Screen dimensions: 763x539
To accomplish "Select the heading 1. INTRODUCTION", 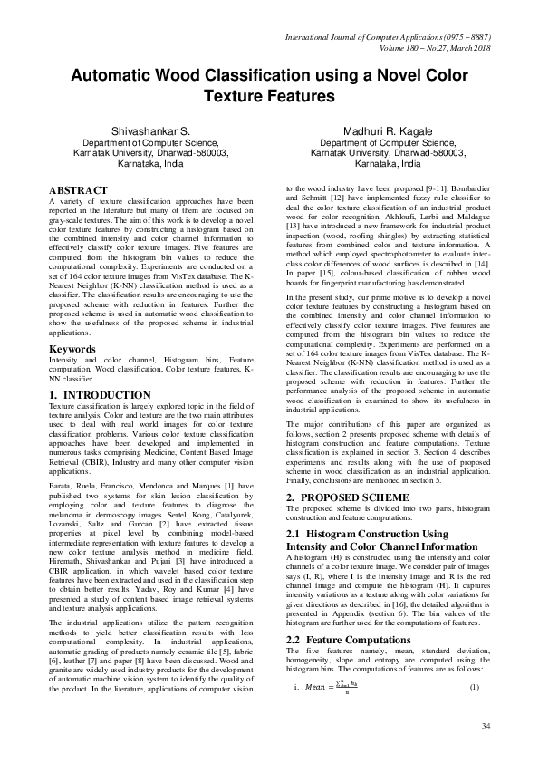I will point(100,396).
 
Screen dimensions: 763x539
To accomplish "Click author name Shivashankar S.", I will point(150,131).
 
